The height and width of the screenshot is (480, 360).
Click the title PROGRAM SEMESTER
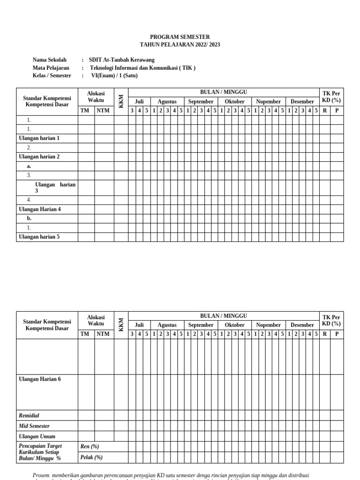pyautogui.click(x=180, y=37)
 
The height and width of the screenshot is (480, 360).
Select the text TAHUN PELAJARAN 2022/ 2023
pyautogui.click(x=180, y=45)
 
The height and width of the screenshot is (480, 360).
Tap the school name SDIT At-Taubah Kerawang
pyautogui.click(x=121, y=60)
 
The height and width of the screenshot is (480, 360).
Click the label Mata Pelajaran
pyautogui.click(x=51, y=67)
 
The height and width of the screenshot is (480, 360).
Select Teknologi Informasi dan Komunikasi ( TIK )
pyautogui.click(x=142, y=67)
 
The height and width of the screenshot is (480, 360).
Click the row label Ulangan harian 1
pyautogui.click(x=39, y=138)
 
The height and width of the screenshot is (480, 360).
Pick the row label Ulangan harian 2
pyautogui.click(x=39, y=157)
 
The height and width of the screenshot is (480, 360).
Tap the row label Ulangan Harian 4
pyautogui.click(x=39, y=209)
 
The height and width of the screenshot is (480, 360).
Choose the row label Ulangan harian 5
pyautogui.click(x=39, y=237)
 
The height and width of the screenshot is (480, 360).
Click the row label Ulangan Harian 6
pyautogui.click(x=39, y=379)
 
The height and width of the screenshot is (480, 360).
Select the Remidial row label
pyautogui.click(x=29, y=415)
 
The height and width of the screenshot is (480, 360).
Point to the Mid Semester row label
pyautogui.click(x=34, y=426)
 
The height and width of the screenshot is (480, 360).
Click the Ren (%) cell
pyautogui.click(x=90, y=446)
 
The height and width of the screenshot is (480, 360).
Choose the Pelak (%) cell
pyautogui.click(x=91, y=457)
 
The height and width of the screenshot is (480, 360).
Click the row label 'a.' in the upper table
pyautogui.click(x=30, y=166)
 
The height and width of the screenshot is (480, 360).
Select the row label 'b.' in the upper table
pyautogui.click(x=30, y=218)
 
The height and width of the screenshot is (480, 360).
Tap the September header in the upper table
pyautogui.click(x=201, y=102)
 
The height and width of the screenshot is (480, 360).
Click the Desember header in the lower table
pyautogui.click(x=302, y=325)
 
